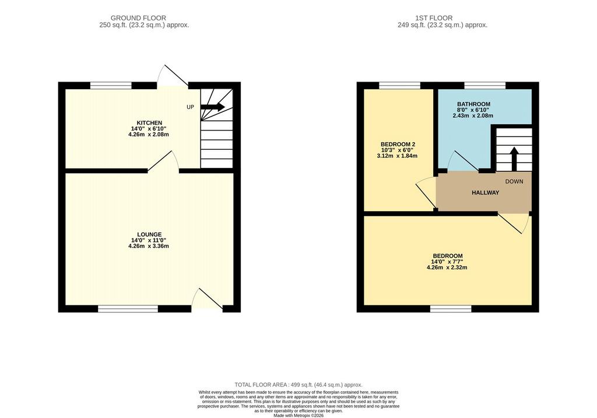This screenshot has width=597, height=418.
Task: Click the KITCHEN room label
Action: [149, 123]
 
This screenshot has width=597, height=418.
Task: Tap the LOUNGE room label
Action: [149, 234]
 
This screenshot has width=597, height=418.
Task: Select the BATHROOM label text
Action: [473, 104]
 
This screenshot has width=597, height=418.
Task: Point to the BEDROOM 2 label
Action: [398, 144]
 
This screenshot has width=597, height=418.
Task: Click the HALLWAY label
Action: [486, 192]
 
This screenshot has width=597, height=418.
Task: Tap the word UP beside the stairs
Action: [191, 107]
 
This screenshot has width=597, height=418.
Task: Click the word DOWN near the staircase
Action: [514, 181]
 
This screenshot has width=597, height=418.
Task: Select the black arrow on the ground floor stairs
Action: [212, 107]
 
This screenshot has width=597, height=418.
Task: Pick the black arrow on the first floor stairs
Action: [514, 159]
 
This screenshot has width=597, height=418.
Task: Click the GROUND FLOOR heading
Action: [138, 18]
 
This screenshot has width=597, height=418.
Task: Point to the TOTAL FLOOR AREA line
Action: [298, 385]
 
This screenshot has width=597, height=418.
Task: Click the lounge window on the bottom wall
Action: [128, 309]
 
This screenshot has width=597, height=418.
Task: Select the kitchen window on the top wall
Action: [111, 86]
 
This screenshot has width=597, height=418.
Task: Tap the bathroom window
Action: [484, 86]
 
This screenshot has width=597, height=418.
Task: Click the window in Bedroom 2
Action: [400, 86]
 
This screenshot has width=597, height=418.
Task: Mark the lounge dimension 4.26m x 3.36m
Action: [149, 246]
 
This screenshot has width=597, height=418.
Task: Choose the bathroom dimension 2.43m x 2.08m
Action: [473, 115]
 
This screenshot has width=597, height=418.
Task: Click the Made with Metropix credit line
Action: [298, 415]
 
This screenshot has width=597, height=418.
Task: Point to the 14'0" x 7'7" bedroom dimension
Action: [447, 262]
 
